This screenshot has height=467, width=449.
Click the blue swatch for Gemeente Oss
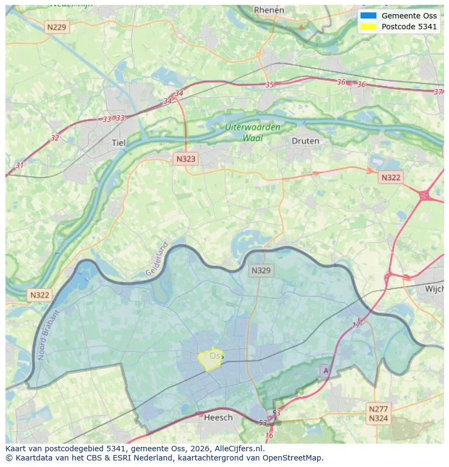(368, 15)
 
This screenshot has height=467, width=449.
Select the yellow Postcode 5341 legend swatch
(368, 27)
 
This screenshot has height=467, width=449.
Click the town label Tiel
(118, 143)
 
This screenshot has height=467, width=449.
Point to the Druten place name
(305, 141)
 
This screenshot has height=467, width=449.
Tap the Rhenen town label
(269, 10)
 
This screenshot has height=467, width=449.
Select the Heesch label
(218, 417)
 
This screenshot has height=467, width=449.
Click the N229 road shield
(57, 27)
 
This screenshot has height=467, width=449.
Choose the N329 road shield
(261, 270)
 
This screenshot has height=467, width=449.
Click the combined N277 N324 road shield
(378, 413)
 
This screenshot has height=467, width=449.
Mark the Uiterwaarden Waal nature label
(253, 133)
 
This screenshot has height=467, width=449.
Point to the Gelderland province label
(157, 259)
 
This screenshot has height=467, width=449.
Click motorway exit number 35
(270, 85)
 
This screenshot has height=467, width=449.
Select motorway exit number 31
(20, 165)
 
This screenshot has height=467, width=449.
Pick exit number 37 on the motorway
(438, 92)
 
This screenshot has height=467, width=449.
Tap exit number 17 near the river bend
(357, 325)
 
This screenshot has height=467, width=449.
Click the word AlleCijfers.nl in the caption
(239, 449)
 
